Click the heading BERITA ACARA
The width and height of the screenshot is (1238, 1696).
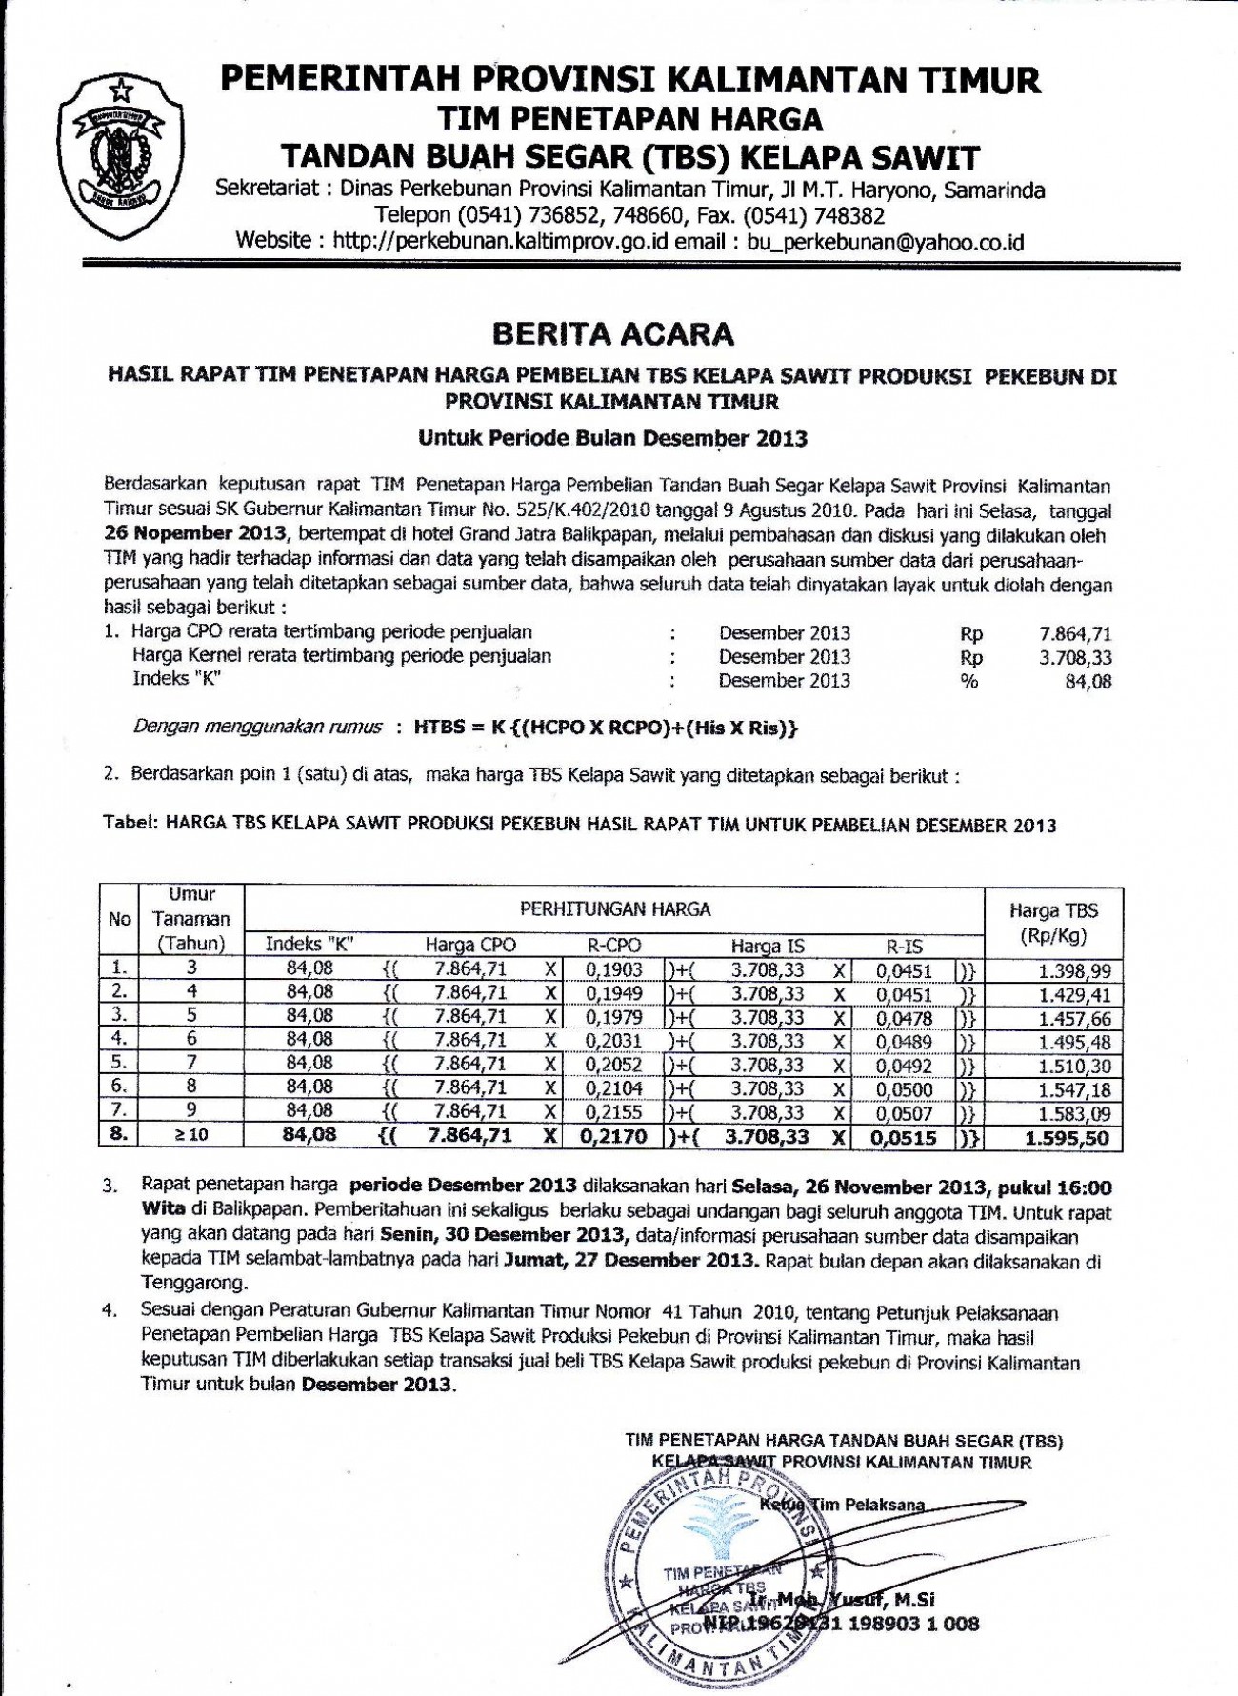(x=612, y=333)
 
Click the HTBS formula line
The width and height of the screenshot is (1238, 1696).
(x=606, y=728)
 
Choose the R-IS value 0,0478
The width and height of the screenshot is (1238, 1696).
(x=904, y=1018)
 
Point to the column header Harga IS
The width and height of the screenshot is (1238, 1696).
(x=767, y=946)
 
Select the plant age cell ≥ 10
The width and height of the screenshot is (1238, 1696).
(x=191, y=1135)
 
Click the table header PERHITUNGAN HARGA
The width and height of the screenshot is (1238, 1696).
(x=614, y=908)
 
